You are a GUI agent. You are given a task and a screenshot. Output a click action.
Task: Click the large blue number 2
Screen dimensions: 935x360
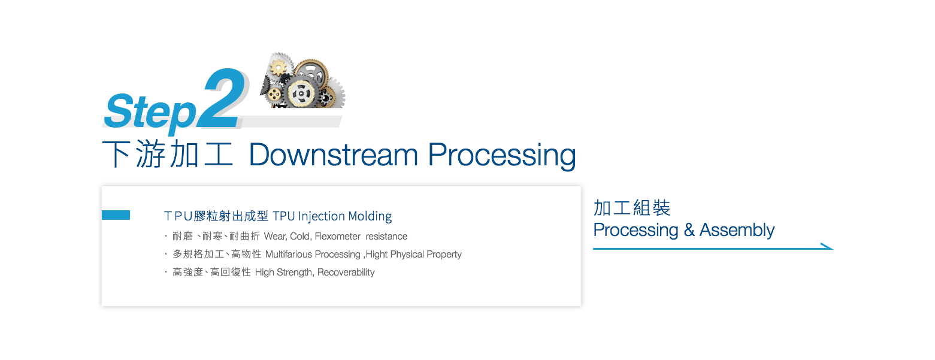222,98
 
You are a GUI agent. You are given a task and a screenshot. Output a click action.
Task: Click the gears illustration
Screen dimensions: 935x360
302,80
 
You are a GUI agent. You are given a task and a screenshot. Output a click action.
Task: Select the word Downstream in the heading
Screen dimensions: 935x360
334,155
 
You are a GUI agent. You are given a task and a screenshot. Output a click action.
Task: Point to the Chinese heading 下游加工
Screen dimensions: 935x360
167,155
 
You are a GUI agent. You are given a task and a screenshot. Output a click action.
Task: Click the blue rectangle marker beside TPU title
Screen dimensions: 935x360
116,215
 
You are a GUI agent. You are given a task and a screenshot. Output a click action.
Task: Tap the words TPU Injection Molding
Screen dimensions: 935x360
332,216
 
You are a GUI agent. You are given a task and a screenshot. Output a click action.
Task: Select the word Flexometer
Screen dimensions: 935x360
338,237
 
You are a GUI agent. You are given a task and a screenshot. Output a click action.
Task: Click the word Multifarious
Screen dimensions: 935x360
289,255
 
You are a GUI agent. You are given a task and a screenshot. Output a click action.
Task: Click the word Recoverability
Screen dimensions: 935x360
346,273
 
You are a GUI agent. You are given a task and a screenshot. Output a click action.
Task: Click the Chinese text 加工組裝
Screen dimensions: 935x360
631,208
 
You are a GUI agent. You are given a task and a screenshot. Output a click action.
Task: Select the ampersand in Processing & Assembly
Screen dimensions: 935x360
689,229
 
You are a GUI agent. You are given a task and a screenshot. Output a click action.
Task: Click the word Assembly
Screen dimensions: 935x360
737,231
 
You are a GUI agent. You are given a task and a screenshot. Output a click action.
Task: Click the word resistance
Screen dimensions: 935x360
386,237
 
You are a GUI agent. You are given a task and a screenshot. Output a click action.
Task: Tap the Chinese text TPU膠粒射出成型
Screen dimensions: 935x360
216,216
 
